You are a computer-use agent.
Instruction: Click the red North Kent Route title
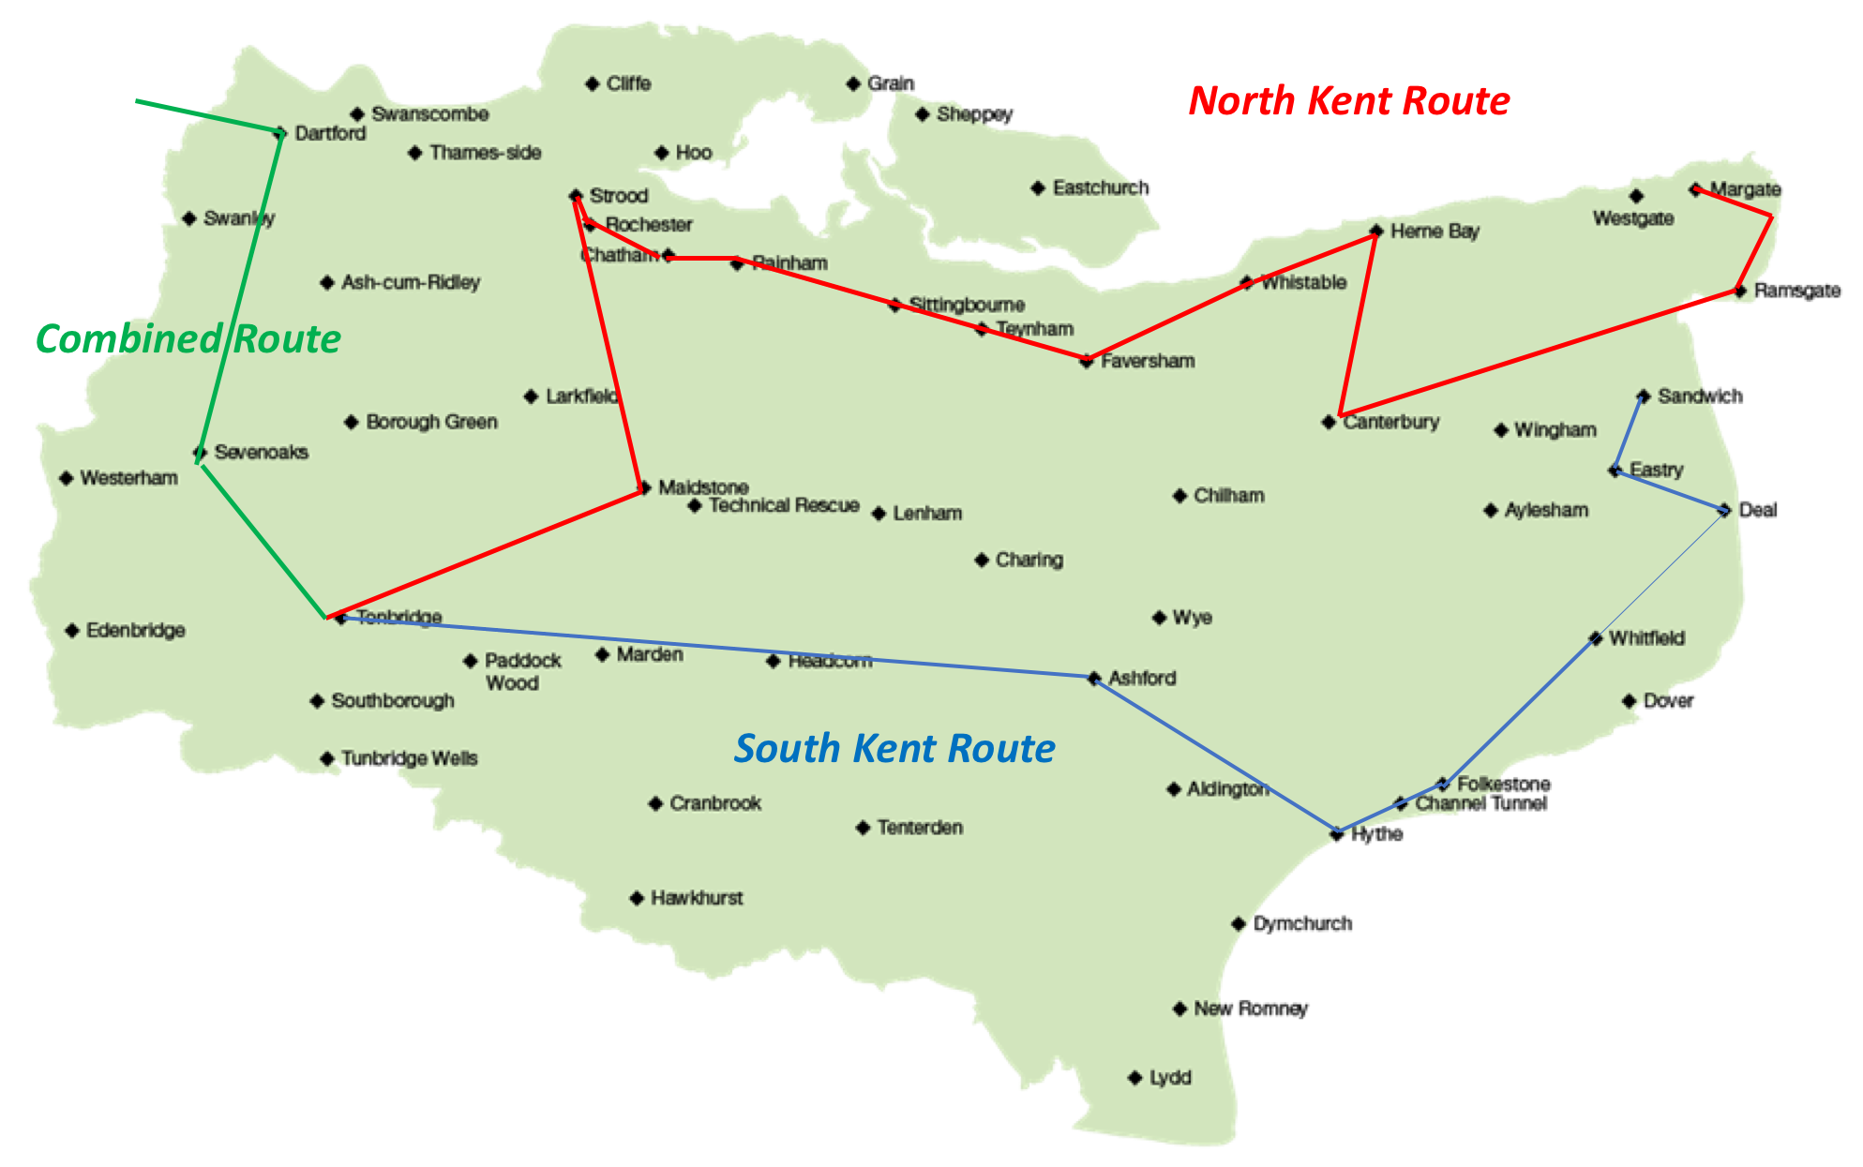click(1348, 101)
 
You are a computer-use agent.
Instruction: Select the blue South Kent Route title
click(894, 749)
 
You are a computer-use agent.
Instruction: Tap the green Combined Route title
click(188, 339)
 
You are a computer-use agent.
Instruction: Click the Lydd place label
click(1170, 1078)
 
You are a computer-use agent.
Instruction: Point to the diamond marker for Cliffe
click(592, 84)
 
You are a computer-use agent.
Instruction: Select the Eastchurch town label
click(1100, 188)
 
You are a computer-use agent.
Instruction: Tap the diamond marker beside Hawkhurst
click(637, 898)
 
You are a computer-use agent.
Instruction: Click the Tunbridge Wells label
click(409, 758)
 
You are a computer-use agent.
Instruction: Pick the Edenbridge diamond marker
click(72, 631)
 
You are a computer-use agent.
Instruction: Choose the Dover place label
click(1668, 701)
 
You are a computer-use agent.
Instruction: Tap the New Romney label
click(1250, 1009)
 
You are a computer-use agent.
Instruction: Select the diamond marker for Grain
click(853, 84)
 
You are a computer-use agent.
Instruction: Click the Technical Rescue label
click(784, 506)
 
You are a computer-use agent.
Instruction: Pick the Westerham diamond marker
click(67, 479)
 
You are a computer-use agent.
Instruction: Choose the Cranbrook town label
click(714, 804)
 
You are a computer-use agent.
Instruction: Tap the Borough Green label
click(431, 423)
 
